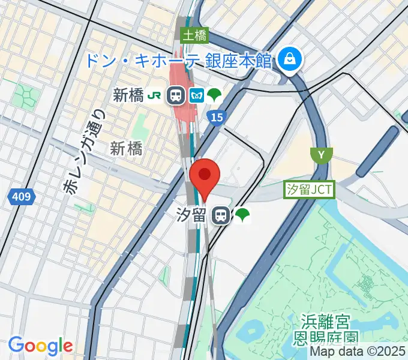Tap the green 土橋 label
194,35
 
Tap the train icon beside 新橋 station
176,94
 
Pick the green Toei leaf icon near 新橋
214,94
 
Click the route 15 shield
217,117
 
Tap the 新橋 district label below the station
126,149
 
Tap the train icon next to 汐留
221,215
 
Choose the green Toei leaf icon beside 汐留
242,215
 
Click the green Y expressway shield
322,155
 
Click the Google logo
40,346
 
